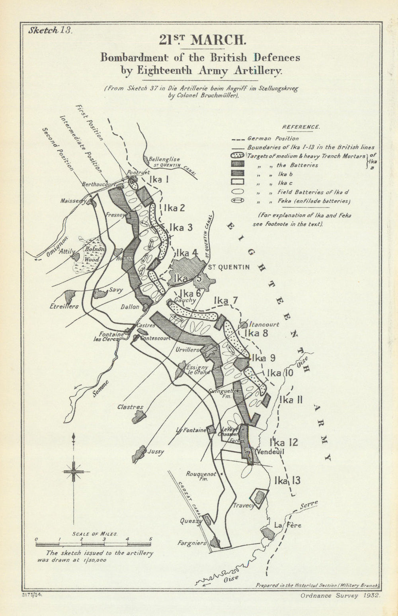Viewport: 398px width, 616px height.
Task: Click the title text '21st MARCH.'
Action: tap(200, 40)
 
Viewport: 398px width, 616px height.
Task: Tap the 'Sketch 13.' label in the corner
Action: tap(50, 31)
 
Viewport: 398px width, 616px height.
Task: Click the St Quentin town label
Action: tap(229, 267)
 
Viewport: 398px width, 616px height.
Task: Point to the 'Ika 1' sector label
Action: tap(158, 180)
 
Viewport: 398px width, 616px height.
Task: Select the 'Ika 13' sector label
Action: tap(287, 481)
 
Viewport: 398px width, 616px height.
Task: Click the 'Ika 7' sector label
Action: tap(226, 301)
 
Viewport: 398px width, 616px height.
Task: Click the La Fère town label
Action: tap(287, 525)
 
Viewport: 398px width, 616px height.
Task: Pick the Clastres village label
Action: tap(130, 407)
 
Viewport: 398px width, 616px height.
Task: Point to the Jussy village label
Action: tap(156, 452)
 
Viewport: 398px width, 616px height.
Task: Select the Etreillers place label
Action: tap(64, 306)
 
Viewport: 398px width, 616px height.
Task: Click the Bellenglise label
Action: tap(164, 159)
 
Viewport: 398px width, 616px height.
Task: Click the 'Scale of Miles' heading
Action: tap(94, 533)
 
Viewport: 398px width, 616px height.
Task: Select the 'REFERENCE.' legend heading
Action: tap(300, 127)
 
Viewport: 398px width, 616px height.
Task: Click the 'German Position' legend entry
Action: tap(273, 139)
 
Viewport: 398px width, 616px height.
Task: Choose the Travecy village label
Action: tap(244, 505)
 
